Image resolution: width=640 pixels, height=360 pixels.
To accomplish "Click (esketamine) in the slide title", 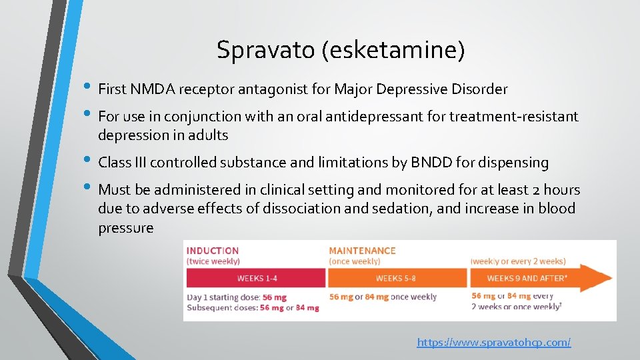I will [393, 51].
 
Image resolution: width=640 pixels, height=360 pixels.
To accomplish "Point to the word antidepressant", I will [362, 117].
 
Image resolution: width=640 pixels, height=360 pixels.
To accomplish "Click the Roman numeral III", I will [139, 163].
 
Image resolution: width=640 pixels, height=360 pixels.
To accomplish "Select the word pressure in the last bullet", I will [125, 228].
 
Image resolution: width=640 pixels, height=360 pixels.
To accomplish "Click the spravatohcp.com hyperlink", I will [493, 343].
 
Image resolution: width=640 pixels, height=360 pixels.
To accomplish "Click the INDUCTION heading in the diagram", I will [213, 251].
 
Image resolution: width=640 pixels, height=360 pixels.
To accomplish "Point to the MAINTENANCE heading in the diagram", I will [362, 251].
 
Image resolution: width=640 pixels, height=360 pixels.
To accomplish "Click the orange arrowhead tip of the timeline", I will [608, 278].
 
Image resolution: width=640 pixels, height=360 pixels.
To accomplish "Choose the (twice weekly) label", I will [213, 261].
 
